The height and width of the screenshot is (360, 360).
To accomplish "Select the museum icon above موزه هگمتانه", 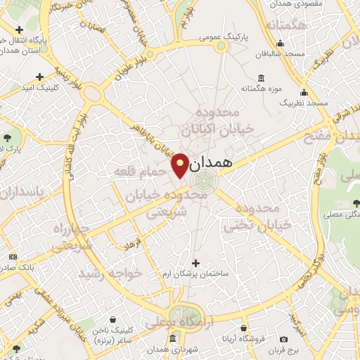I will point(262,77).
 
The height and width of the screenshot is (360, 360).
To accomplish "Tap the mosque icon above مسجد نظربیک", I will point(304,92).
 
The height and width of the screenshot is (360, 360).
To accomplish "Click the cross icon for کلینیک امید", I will point(39,77).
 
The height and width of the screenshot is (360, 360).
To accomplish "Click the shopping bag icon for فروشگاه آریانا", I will point(243,328).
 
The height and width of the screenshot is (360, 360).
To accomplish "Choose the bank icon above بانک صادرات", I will point(12,257).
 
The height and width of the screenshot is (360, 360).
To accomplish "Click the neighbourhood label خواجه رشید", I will point(110,271).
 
